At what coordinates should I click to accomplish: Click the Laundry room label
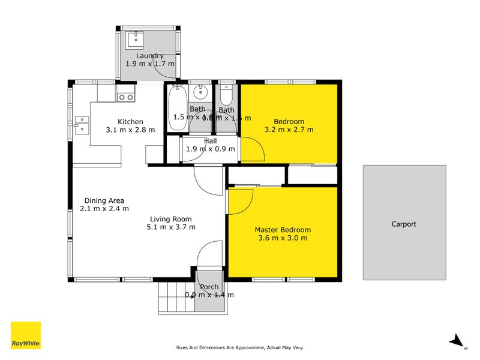pyautogui.click(x=150, y=56)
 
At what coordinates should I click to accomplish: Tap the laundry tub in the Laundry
pyautogui.click(x=134, y=40)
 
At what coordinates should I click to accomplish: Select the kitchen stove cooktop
pyautogui.click(x=125, y=96)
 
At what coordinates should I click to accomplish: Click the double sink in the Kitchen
pyautogui.click(x=82, y=128)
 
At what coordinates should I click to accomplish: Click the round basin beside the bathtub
pyautogui.click(x=202, y=93)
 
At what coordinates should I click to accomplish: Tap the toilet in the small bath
pyautogui.click(x=226, y=96)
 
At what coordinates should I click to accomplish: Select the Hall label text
pyautogui.click(x=210, y=140)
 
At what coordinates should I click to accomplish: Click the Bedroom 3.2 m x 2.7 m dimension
pyautogui.click(x=289, y=129)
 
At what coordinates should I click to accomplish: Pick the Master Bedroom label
pyautogui.click(x=283, y=230)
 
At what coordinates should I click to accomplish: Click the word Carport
pyautogui.click(x=404, y=224)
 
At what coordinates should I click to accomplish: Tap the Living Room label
pyautogui.click(x=171, y=219)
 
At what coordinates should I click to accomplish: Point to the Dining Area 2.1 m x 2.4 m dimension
pyautogui.click(x=104, y=209)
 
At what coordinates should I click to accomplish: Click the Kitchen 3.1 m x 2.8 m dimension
pyautogui.click(x=130, y=130)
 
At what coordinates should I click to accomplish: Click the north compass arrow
pyautogui.click(x=457, y=340)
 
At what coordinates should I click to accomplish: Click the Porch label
pyautogui.click(x=209, y=287)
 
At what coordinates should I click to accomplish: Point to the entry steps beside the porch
pyautogui.click(x=175, y=298)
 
